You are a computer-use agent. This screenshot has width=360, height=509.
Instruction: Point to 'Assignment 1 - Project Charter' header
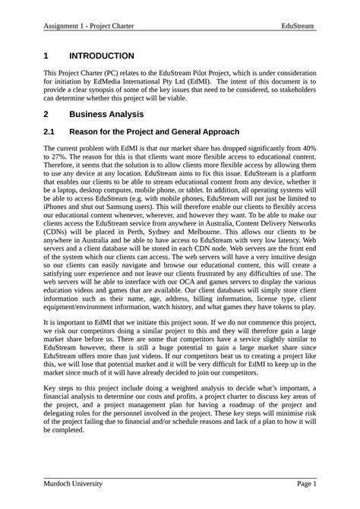pos(89,26)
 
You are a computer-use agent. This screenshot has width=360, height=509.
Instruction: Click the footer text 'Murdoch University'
pos(73,483)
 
